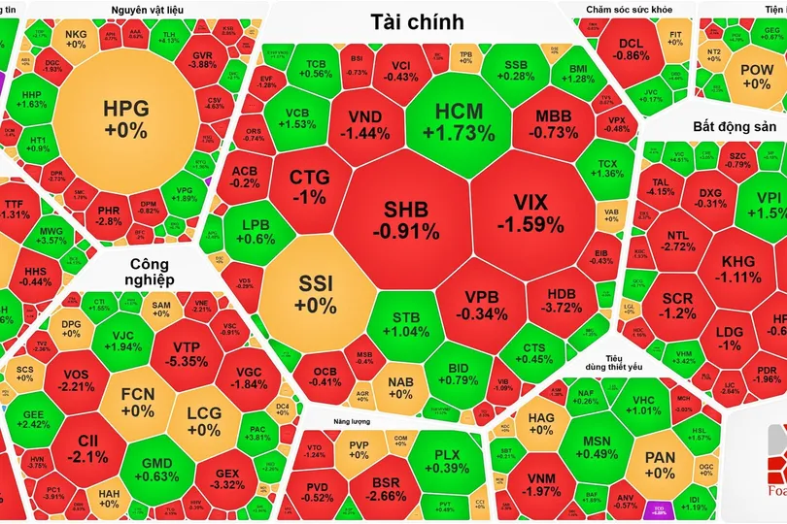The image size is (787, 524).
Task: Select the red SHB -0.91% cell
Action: click(x=408, y=219)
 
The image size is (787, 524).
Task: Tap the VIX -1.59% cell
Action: click(x=530, y=213)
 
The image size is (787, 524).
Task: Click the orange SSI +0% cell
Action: click(x=318, y=293)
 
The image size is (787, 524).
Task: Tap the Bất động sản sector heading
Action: click(x=735, y=127)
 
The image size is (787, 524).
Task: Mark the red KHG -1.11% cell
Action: click(x=738, y=269)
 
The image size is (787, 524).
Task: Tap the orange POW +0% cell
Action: click(x=756, y=77)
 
